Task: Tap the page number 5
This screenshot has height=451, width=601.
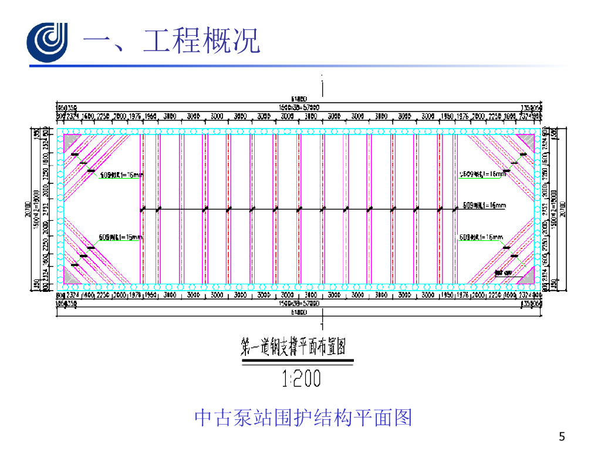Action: [x=563, y=436]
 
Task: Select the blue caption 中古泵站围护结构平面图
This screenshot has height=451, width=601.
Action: [x=303, y=418]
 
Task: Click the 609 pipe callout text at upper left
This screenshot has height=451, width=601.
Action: [x=121, y=174]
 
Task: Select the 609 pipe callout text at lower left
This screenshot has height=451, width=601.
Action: [x=121, y=237]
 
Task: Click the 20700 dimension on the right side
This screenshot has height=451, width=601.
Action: [x=563, y=209]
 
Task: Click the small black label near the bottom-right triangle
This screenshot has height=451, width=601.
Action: [x=504, y=272]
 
